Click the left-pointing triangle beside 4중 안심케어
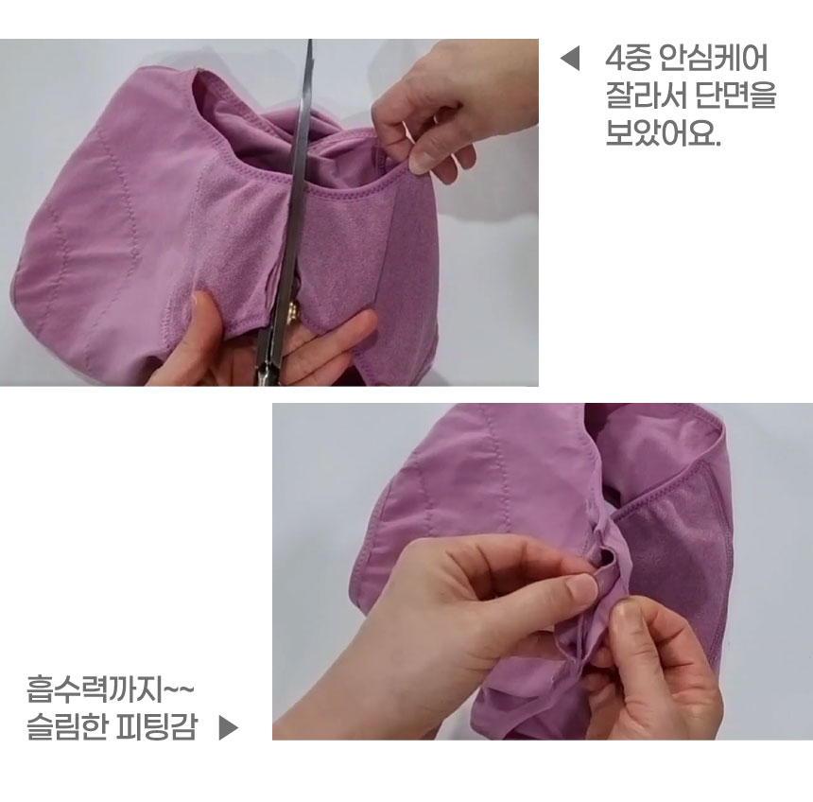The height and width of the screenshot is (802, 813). pos(569,60)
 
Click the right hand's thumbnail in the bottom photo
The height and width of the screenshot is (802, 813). pos(623,622)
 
